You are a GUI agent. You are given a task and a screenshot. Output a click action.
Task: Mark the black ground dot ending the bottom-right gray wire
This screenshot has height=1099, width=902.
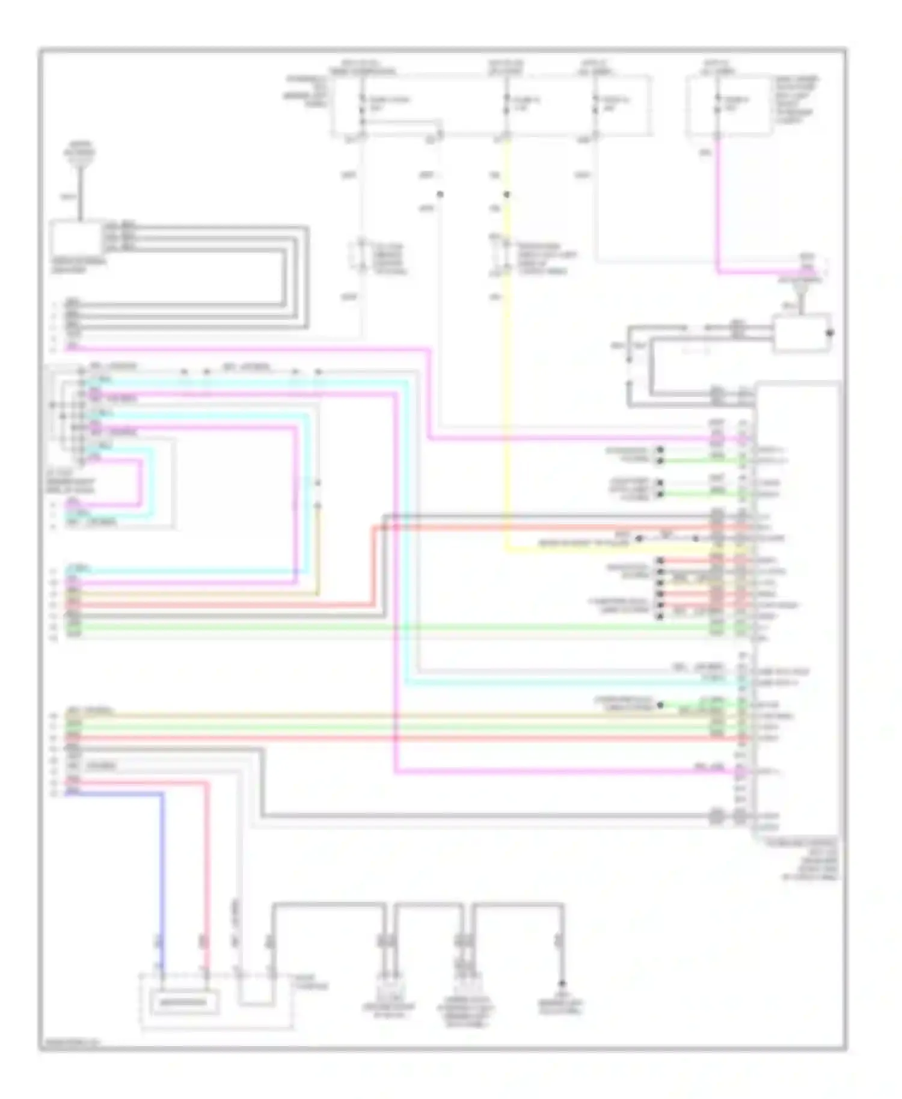[562, 984]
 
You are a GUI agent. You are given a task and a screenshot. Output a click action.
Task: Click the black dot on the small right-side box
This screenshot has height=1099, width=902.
[831, 332]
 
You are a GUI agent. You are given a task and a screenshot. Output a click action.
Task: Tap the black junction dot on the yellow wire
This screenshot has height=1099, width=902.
[506, 195]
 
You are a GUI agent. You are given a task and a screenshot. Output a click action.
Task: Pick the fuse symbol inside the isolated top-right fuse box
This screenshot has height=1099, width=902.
[717, 106]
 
